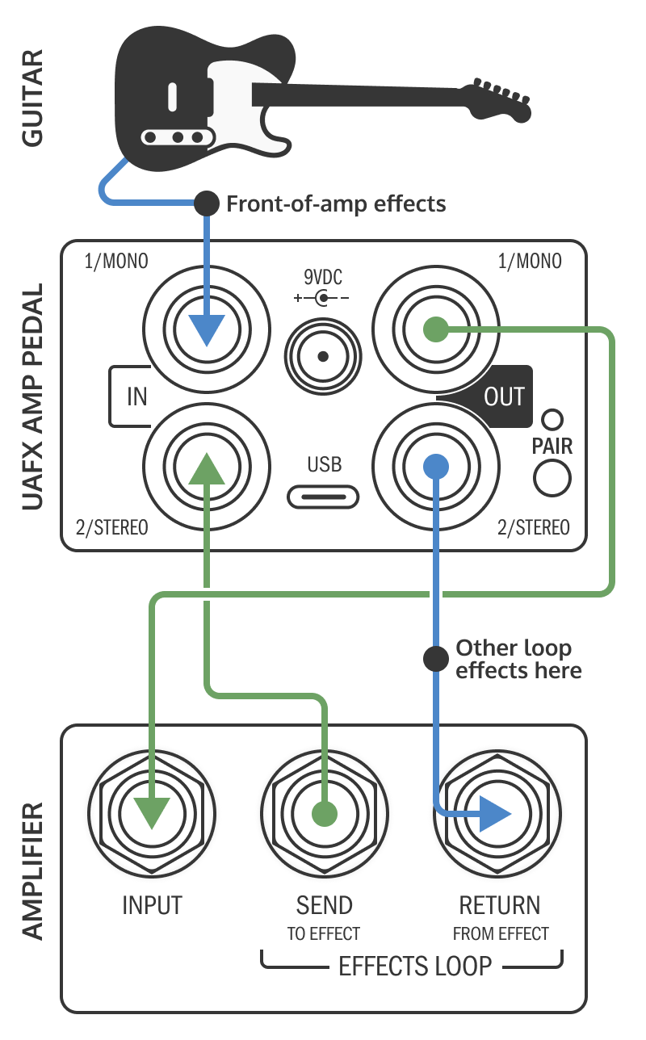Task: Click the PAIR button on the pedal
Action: click(552, 477)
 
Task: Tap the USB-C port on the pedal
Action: click(322, 495)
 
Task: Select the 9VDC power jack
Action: click(322, 355)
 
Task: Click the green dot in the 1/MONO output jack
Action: click(436, 329)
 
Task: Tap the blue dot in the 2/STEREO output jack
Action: click(436, 466)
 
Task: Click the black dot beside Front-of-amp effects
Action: click(208, 203)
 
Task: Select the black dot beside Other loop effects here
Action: click(436, 659)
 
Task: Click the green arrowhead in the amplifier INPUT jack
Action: click(151, 812)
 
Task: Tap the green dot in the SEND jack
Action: click(324, 813)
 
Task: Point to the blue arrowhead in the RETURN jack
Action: click(494, 813)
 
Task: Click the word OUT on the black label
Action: click(504, 397)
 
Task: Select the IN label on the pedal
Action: click(136, 397)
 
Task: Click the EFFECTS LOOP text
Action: click(414, 967)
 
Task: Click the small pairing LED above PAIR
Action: click(552, 419)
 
